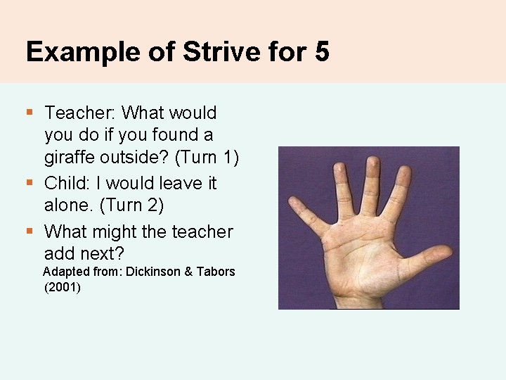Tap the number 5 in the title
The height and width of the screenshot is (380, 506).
point(322,52)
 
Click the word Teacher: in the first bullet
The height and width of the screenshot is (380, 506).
point(79,113)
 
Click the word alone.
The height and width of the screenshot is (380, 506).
point(68,205)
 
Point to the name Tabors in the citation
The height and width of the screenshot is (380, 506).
point(216,272)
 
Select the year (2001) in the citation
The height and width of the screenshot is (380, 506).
point(62,287)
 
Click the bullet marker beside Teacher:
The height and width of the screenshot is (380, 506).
point(29,111)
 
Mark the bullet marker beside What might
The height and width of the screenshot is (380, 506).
point(29,230)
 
